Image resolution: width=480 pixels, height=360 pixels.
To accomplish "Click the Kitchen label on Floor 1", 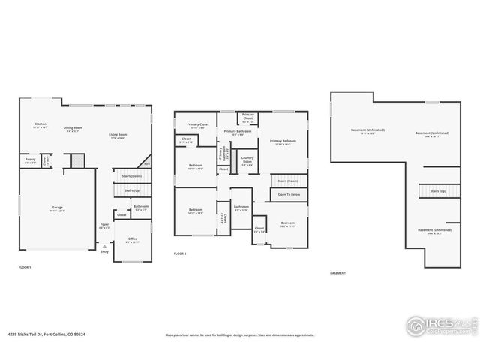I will point(40,124).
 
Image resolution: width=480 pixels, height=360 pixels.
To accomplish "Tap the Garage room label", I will point(57,208).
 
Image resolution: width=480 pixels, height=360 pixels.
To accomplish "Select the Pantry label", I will point(31,160).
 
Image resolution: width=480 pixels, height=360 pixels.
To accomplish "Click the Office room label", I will point(132,240).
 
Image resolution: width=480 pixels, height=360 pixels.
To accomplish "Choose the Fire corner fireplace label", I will point(147,163).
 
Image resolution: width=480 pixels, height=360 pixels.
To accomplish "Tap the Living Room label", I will point(117,136).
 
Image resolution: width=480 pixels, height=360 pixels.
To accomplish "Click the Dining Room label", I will point(73,128).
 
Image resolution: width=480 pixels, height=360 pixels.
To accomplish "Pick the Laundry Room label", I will point(247,158).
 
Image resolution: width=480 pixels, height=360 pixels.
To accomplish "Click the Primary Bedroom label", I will point(283,142).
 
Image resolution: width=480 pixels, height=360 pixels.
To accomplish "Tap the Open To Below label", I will point(289,195).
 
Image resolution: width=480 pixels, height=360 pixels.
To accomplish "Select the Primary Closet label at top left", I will point(198,124).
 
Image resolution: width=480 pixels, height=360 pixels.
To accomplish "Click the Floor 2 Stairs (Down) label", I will point(288,181).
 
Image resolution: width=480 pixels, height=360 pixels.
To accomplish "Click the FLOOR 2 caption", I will point(180,254).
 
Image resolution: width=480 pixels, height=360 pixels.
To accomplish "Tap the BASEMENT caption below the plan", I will point(338,273).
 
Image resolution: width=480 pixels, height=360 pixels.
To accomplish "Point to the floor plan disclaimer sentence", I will point(240,335).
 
